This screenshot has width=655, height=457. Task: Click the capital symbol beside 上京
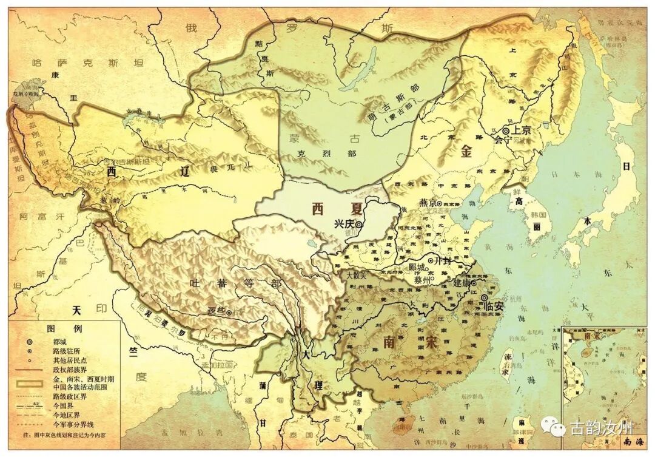(x=506, y=130)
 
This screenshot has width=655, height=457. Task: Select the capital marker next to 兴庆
(x=359, y=224)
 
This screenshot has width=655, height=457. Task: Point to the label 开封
(x=444, y=260)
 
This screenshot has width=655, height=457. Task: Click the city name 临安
(x=494, y=306)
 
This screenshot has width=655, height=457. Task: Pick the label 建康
(x=462, y=282)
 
